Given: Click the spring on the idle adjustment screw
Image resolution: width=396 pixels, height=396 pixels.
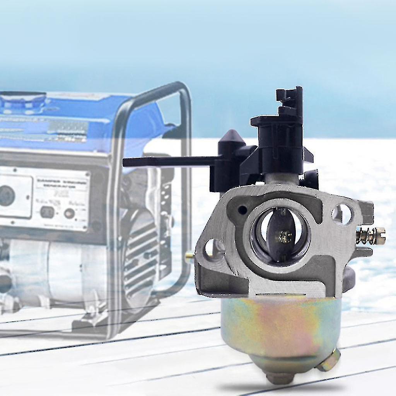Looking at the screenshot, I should (x=365, y=236).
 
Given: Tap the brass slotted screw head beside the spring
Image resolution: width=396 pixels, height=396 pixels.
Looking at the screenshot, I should (x=381, y=236).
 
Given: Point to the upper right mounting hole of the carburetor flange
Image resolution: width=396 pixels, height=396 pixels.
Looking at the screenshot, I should (x=342, y=213).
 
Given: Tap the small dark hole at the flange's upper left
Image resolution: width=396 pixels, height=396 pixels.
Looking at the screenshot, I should (x=242, y=210).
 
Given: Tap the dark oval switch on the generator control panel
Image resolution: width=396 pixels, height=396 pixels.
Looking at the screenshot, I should (x=47, y=212).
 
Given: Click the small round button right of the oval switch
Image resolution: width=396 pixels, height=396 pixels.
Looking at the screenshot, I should (x=69, y=213).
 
